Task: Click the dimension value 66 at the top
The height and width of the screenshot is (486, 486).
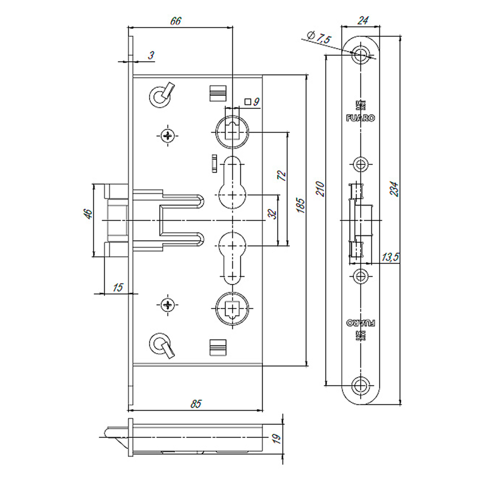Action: coord(175,21)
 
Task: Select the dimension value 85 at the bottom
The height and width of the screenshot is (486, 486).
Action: coord(196,403)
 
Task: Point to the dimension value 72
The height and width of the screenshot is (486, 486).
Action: coord(281,176)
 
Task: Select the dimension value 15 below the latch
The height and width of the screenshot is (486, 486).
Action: coord(117,287)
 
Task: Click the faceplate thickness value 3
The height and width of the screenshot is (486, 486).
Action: coord(151,56)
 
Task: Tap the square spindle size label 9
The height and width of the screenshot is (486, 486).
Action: coord(257,102)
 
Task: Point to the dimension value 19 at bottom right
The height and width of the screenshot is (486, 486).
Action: coord(277,440)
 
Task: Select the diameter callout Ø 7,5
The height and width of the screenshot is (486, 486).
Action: coord(319,38)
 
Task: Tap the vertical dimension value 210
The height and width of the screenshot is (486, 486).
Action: coord(319,189)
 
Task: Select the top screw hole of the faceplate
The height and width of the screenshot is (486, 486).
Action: coord(360,55)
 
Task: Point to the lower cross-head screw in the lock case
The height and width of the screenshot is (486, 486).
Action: coord(168,305)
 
